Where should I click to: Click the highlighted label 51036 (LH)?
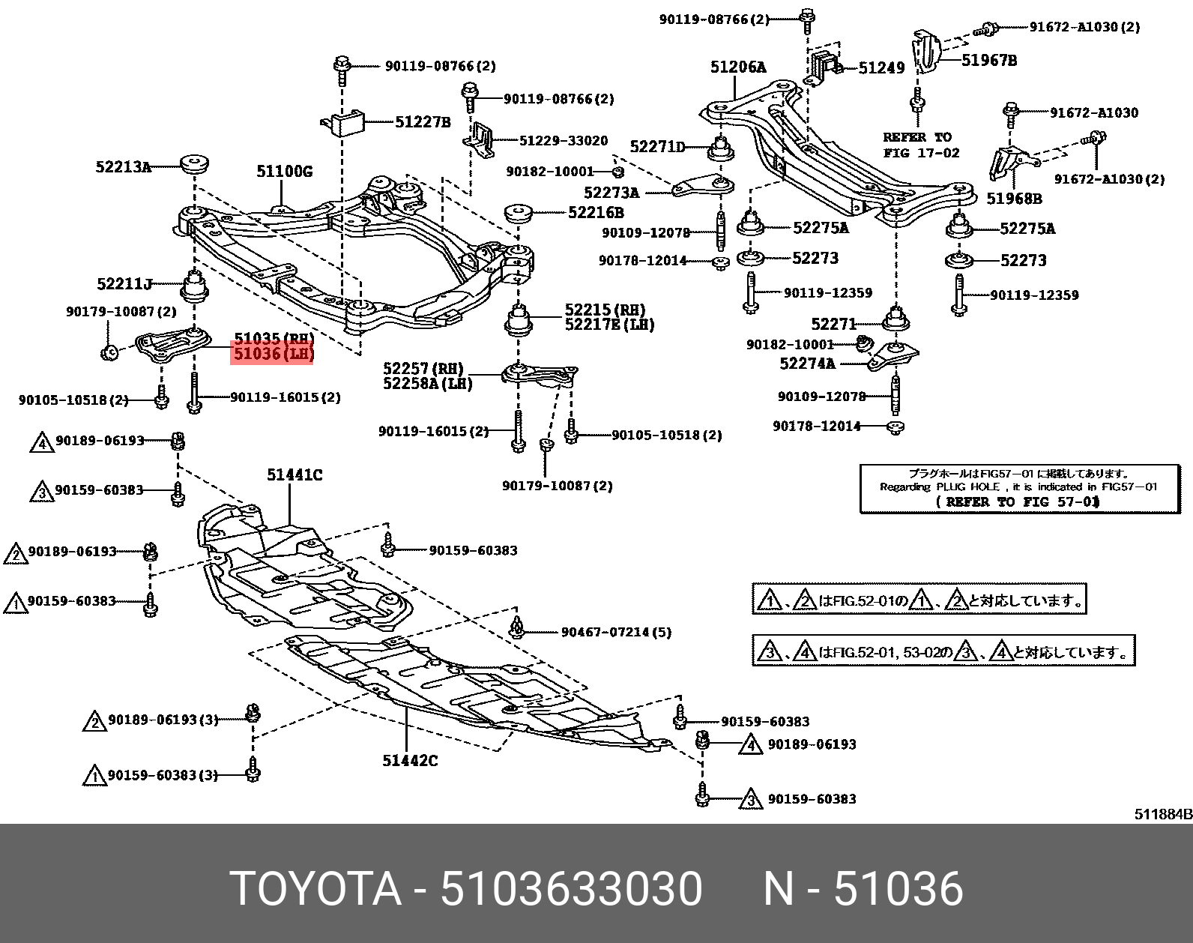coord(274,354)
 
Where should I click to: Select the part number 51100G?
coord(285,172)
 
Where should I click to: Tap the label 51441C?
coord(295,474)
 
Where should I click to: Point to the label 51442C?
coord(410,761)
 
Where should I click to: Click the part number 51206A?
coord(738,67)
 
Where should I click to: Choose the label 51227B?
coord(423,122)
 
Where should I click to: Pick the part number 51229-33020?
coord(564,141)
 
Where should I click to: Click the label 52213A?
coord(123,167)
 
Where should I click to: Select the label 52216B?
coord(596,212)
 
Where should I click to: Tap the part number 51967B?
coord(989,61)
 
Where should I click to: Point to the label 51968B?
coord(1014,199)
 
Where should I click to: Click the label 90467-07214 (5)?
coord(616,633)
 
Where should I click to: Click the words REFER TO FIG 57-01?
coord(1018,502)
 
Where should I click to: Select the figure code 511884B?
coord(1163,814)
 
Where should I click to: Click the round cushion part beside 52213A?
coord(195,163)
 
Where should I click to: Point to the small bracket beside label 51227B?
coord(342,125)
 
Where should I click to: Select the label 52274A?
coord(807,364)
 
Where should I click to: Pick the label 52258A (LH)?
coord(427,383)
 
